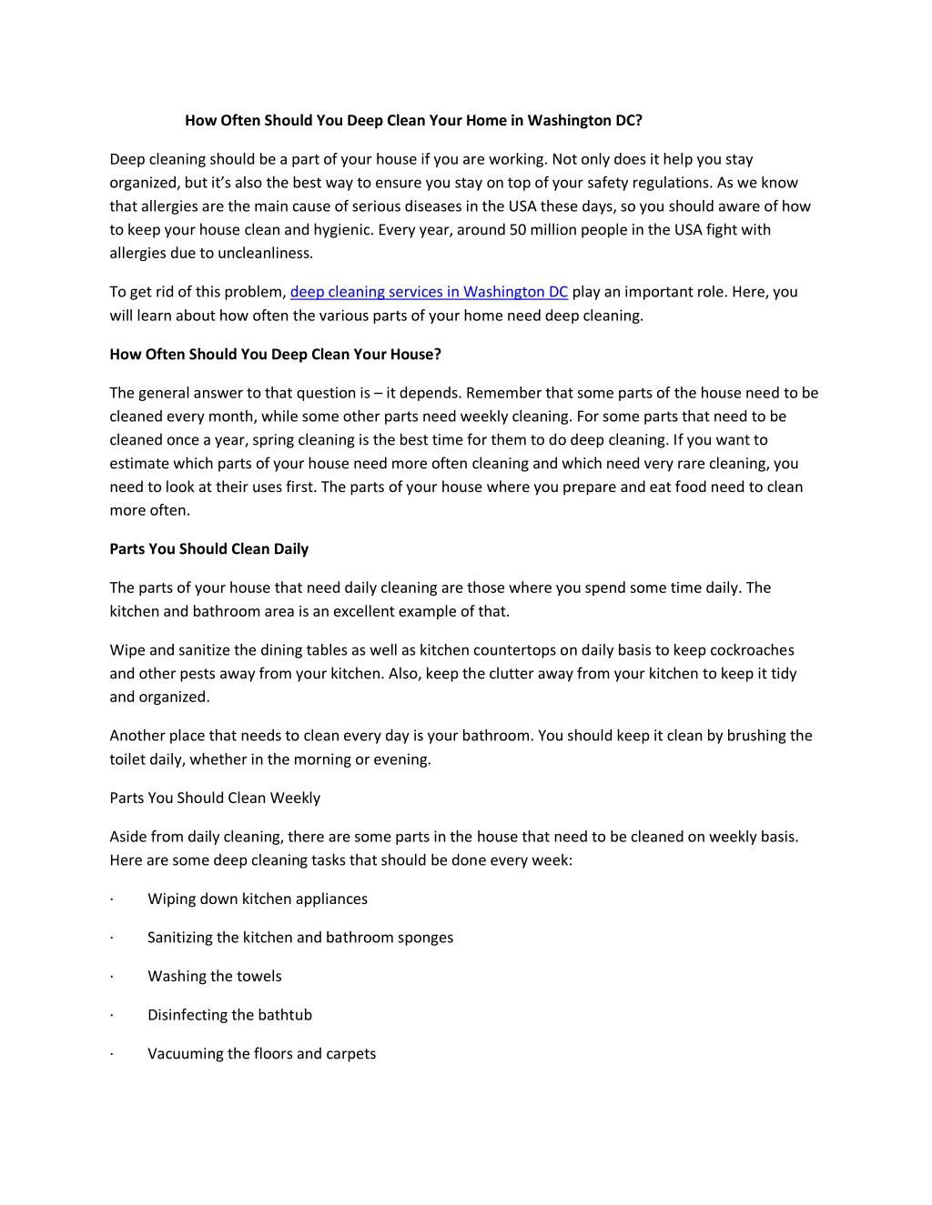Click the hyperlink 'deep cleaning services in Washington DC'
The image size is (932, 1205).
pos(429,292)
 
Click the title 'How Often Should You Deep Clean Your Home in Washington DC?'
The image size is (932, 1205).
pos(414,120)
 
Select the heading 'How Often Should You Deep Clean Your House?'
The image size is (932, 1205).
pos(275,355)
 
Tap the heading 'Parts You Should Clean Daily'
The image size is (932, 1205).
pos(208,549)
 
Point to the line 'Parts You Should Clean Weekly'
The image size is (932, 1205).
pos(215,798)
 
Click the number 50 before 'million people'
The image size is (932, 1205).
pos(519,230)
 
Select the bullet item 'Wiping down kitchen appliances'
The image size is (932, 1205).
pos(258,899)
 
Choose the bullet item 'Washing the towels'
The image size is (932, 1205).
pos(215,977)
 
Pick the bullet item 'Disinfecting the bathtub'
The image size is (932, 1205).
pos(229,1015)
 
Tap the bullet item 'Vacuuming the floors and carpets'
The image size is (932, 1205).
pos(261,1054)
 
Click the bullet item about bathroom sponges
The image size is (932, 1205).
pos(300,938)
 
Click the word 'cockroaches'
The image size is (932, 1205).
pos(752,650)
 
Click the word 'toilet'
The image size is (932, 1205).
pos(129,759)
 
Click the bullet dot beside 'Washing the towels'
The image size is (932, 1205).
pos(111,977)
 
